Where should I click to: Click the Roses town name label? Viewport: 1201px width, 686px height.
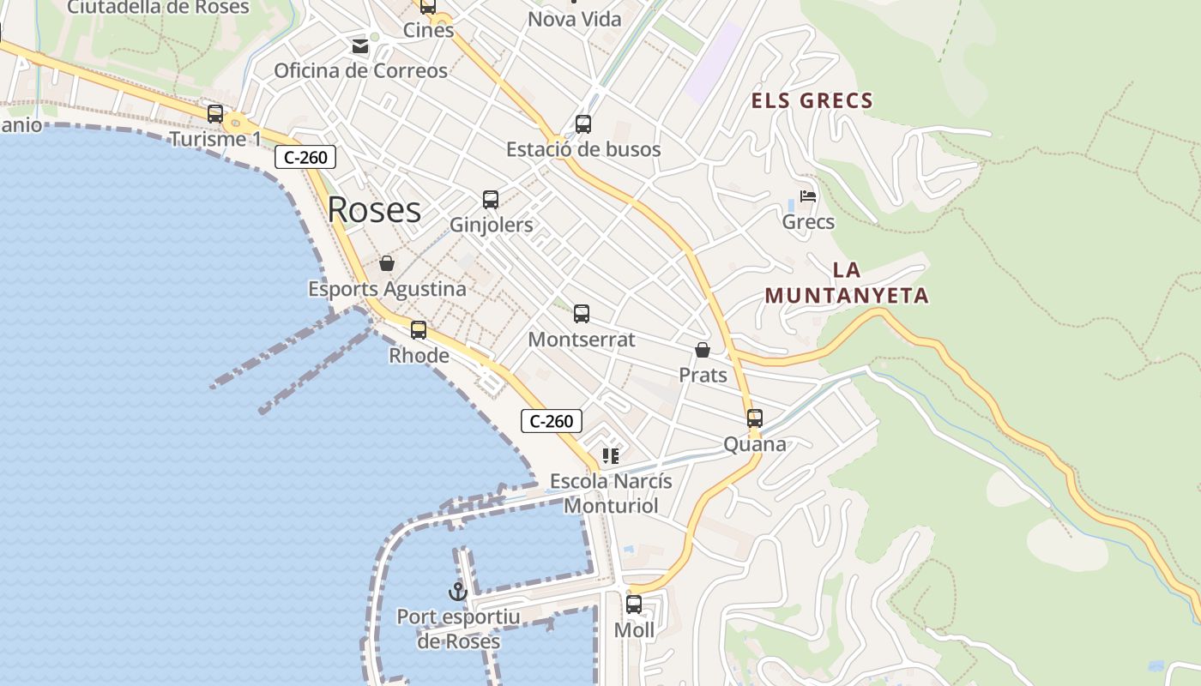[x=374, y=210]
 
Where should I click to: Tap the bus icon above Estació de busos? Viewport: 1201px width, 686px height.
[x=583, y=124]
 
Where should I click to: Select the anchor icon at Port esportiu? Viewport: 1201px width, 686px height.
[x=458, y=591]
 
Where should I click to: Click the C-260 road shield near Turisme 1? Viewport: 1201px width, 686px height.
[x=305, y=157]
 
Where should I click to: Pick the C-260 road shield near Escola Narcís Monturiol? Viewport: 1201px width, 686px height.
[x=552, y=421]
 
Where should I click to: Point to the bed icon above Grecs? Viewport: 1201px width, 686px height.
[x=807, y=196]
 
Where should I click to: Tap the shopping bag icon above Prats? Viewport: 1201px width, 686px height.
[x=703, y=350]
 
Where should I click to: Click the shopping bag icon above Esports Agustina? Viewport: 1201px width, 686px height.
[x=387, y=263]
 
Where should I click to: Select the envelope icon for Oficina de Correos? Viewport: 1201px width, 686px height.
[x=360, y=45]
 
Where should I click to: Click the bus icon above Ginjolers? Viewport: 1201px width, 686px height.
[x=491, y=200]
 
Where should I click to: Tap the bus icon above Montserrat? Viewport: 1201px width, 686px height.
[x=582, y=314]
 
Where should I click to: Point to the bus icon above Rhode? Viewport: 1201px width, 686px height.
[x=419, y=330]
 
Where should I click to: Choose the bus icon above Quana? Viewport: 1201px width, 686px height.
[x=755, y=418]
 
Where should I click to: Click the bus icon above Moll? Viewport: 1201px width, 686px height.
[x=634, y=605]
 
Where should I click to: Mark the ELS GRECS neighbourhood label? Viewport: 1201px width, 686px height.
[x=812, y=101]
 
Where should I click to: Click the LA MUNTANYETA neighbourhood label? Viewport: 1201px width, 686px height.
[x=847, y=283]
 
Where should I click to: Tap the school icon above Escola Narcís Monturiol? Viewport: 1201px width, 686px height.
[x=611, y=456]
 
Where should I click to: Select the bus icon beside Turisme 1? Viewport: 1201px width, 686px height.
[x=215, y=114]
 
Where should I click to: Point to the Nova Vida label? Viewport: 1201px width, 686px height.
[x=574, y=19]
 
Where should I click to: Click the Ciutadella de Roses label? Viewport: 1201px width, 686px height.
[x=158, y=8]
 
